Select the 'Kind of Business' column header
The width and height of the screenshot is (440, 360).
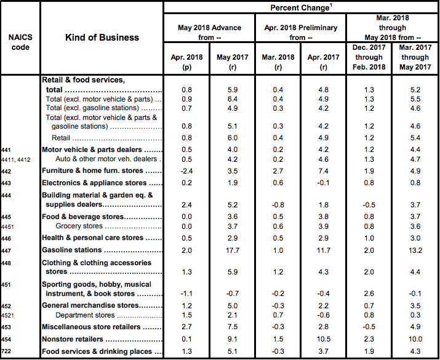[x=102, y=38]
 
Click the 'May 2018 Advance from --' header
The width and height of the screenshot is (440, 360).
[x=209, y=32]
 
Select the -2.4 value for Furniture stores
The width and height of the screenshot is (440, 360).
[x=188, y=170]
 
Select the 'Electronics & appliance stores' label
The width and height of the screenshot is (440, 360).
[x=94, y=183]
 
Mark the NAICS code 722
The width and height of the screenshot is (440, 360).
[x=8, y=351]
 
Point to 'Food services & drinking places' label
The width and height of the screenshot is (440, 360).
[x=97, y=351]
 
